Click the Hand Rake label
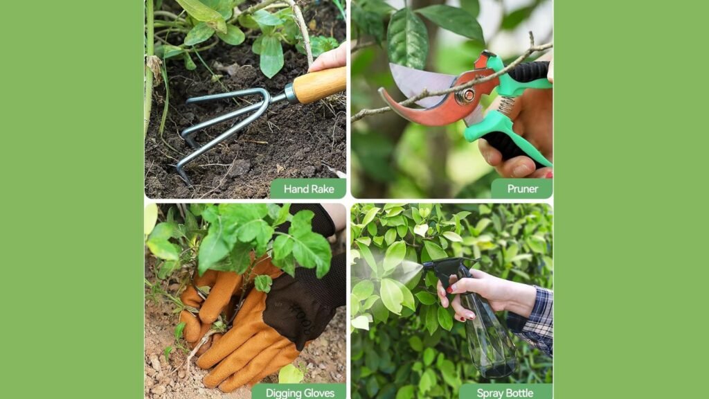(309, 188)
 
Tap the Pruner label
(523, 188)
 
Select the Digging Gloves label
(300, 393)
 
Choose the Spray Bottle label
(505, 393)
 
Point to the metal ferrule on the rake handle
(289, 94)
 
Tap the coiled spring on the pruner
(506, 105)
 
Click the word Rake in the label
(322, 188)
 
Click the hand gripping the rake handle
(330, 59)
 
